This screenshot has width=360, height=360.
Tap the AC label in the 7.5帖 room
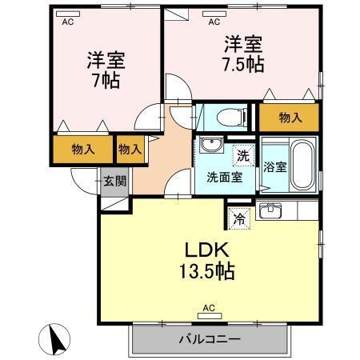click(x=214, y=22)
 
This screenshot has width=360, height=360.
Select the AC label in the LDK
click(x=209, y=307)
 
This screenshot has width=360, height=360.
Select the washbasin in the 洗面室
click(x=211, y=145)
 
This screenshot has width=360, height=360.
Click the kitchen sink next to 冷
click(x=270, y=211)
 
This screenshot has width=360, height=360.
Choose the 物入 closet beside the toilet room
click(x=290, y=118)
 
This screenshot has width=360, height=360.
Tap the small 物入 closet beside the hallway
click(x=130, y=148)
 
